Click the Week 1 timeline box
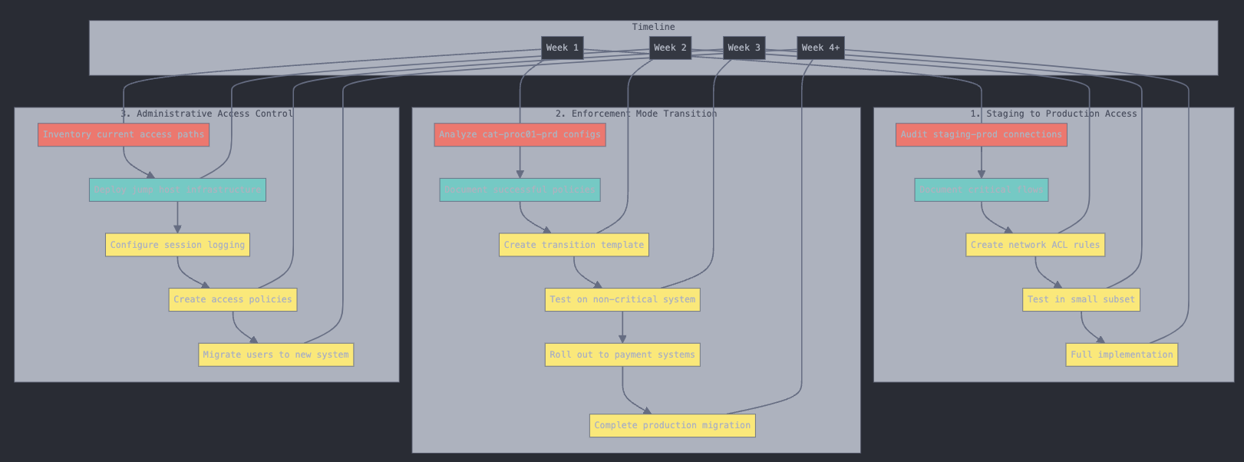pos(562,48)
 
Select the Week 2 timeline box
pos(670,48)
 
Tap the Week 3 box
pos(744,48)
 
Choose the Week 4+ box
pos(820,48)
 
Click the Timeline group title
pos(653,27)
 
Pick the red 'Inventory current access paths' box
pos(124,134)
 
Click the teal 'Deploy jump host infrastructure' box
pos(177,190)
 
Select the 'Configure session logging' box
pos(177,245)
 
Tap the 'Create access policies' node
pos(233,299)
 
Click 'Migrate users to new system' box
pos(276,355)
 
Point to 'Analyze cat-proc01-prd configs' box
pos(520,134)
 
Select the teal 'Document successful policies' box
pos(520,190)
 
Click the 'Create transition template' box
pos(574,245)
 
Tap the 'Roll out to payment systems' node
pos(622,355)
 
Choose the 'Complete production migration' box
pos(672,425)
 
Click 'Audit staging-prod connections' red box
pos(981,134)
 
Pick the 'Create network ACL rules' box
pos(1034,245)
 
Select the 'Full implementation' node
pos(1121,355)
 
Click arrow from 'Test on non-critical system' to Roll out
pos(622,327)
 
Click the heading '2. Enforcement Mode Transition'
pos(635,114)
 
